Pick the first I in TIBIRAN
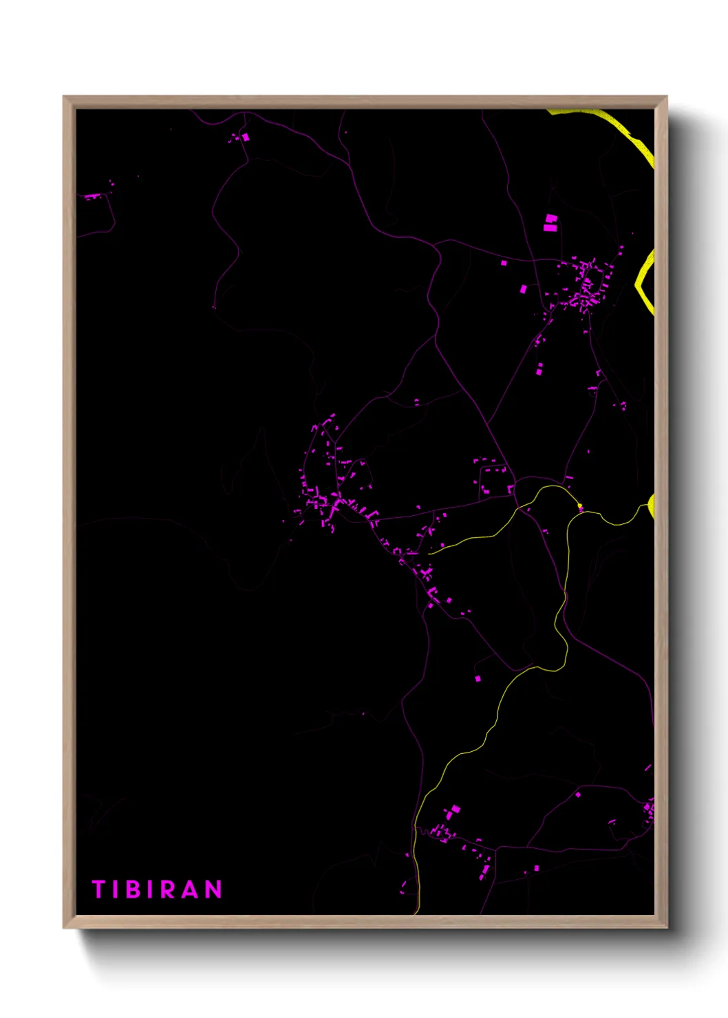(x=115, y=889)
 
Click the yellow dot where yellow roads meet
(x=580, y=508)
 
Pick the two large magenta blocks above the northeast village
(x=550, y=222)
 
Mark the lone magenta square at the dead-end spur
(x=478, y=679)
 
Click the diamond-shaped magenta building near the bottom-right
(x=578, y=794)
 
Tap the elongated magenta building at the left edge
(x=92, y=197)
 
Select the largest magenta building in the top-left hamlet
(x=245, y=138)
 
